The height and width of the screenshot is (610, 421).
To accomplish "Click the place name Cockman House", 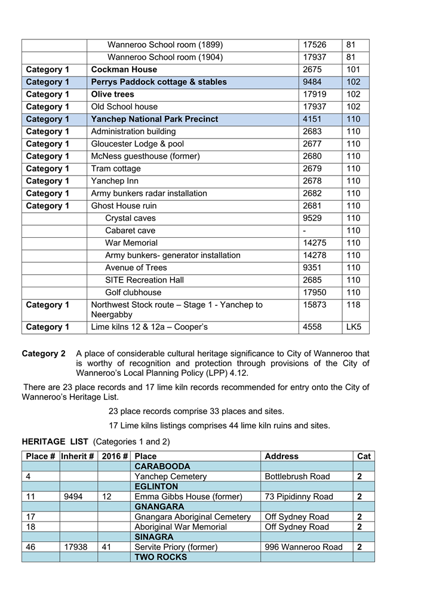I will pyautogui.click(x=124, y=70).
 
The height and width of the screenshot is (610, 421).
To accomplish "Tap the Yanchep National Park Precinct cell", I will pyautogui.click(x=155, y=119).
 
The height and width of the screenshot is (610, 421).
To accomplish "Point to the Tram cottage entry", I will pyautogui.click(x=116, y=169).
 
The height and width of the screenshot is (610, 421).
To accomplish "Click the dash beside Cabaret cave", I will pyautogui.click(x=305, y=231).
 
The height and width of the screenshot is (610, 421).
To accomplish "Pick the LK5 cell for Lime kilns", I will pyautogui.click(x=354, y=327).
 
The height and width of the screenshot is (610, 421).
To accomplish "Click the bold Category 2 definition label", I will pyautogui.click(x=44, y=354).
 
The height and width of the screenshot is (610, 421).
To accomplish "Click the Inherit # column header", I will pyautogui.click(x=78, y=456).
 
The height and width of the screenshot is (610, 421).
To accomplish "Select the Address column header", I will pyautogui.click(x=281, y=456).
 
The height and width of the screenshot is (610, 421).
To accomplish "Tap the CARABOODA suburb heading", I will pyautogui.click(x=162, y=467).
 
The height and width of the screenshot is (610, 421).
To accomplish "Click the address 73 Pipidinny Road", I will pyautogui.click(x=299, y=497).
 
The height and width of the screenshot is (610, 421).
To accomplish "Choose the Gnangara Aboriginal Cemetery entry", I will pyautogui.click(x=192, y=517).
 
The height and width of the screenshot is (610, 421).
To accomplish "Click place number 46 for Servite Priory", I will pyautogui.click(x=31, y=547).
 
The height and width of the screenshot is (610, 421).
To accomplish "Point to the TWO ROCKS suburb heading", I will pyautogui.click(x=161, y=557).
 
